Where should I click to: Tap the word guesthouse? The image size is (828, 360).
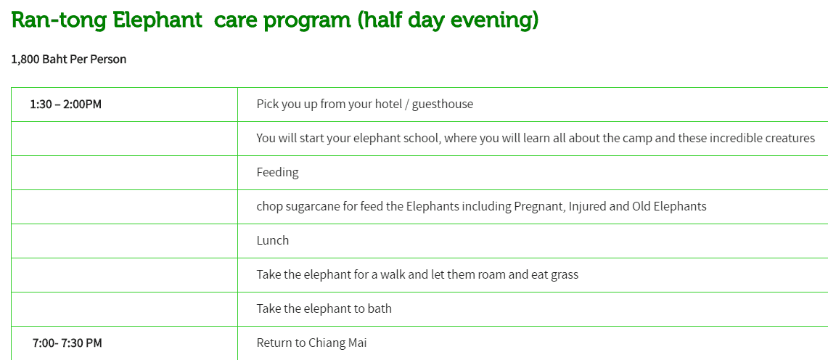point(443,105)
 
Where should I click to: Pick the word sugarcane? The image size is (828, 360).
point(313,206)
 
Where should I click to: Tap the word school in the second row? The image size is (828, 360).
point(423,139)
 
